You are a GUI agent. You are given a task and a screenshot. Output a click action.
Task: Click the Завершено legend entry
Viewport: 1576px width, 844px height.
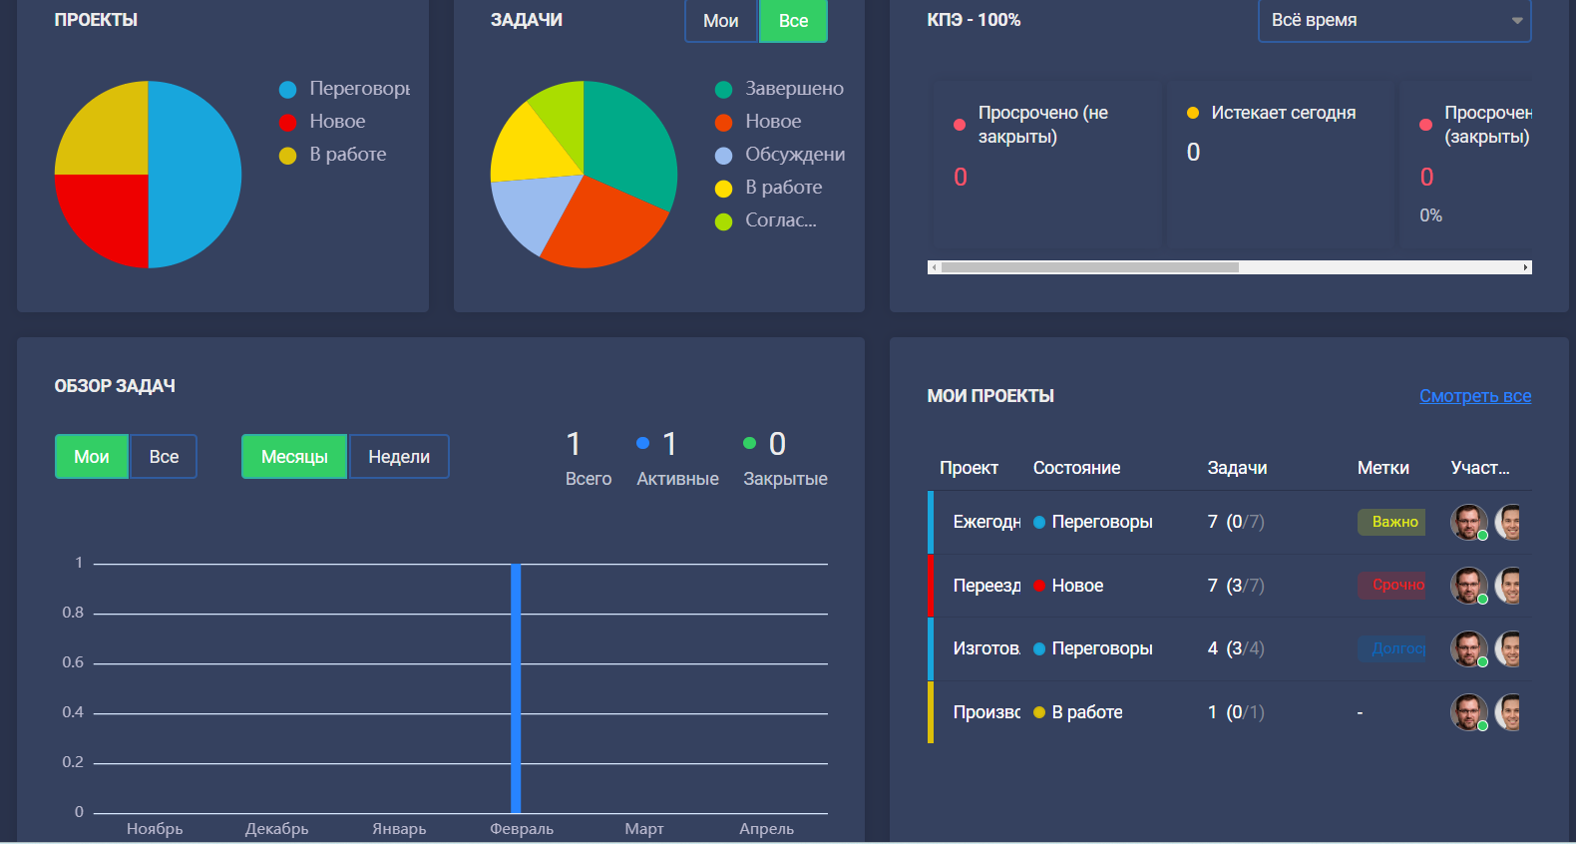tap(794, 89)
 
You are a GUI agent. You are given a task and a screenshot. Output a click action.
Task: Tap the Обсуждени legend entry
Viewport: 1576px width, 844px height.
tap(794, 155)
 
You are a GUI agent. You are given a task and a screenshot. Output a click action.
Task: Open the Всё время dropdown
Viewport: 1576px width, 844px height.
tap(1393, 21)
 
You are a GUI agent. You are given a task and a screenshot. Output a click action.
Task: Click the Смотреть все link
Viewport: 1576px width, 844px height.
tap(1474, 396)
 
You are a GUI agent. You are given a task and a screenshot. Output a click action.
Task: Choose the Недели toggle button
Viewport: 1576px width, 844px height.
tap(399, 457)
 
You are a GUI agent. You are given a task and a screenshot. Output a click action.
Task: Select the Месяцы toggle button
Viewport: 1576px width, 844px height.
tap(294, 457)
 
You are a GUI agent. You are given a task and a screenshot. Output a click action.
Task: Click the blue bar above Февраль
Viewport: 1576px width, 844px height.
tap(516, 688)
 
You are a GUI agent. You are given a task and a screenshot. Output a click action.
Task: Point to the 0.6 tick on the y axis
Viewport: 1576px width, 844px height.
tap(73, 662)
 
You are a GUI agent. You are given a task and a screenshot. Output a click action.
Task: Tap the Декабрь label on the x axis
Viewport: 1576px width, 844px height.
tap(277, 829)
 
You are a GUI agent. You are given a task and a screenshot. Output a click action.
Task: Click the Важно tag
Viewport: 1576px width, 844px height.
tap(1393, 522)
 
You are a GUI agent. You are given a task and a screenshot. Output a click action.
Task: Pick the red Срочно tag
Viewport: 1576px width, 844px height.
tap(1394, 586)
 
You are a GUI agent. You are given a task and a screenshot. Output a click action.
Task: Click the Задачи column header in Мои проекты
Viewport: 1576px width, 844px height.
tap(1237, 468)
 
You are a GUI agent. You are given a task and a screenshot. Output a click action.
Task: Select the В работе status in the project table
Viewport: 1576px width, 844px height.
tap(1086, 712)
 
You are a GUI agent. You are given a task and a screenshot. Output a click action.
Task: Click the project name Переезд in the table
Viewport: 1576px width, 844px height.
tap(985, 586)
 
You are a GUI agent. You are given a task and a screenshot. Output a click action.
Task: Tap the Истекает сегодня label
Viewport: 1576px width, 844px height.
tap(1283, 113)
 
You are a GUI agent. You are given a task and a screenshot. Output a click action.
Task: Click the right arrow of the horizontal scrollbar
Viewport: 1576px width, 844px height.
tap(1525, 267)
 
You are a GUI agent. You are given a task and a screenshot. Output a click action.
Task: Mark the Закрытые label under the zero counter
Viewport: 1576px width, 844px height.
tap(785, 479)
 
